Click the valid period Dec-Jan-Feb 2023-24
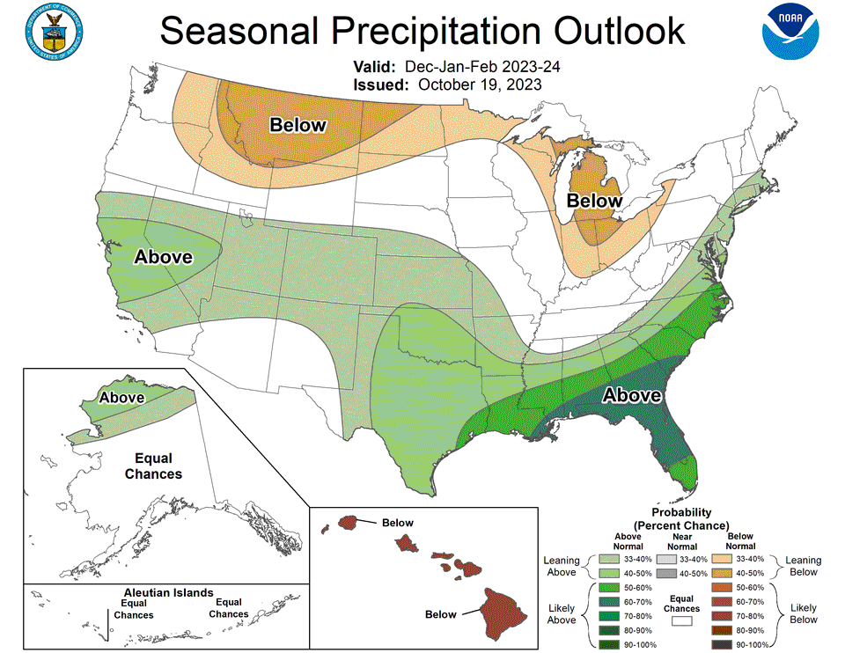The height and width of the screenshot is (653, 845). [x=482, y=67]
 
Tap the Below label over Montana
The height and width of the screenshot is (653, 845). [x=298, y=125]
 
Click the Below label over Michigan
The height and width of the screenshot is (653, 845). [x=594, y=202]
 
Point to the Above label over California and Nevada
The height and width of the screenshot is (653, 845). [x=163, y=257]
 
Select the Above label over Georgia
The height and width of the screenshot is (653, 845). [x=631, y=396]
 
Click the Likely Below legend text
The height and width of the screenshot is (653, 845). [x=803, y=614]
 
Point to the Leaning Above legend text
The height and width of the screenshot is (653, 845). [x=560, y=566]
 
